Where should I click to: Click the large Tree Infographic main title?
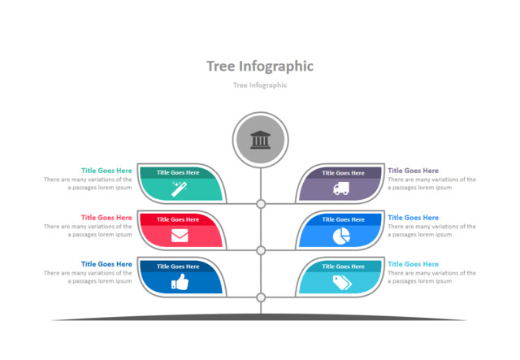(x=260, y=66)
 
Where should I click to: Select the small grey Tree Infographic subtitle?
(x=260, y=85)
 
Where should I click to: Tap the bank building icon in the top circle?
(x=261, y=140)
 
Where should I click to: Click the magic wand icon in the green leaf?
(x=179, y=189)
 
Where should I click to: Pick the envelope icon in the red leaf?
(x=179, y=236)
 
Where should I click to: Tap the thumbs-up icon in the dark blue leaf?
(x=179, y=283)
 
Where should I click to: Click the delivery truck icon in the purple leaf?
(x=341, y=189)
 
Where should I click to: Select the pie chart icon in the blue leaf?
(x=341, y=236)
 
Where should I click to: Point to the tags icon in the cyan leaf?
(x=341, y=283)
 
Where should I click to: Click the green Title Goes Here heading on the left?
(x=106, y=171)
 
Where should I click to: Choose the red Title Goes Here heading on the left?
(x=106, y=218)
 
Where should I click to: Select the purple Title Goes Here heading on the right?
(x=413, y=171)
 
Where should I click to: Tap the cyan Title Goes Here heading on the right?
(x=413, y=264)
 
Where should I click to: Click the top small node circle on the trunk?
(x=261, y=204)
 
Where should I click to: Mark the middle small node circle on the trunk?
(x=261, y=250)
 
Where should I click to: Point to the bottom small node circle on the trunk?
(x=261, y=297)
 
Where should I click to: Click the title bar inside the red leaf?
(x=179, y=219)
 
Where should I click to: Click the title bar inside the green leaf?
(x=179, y=172)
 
